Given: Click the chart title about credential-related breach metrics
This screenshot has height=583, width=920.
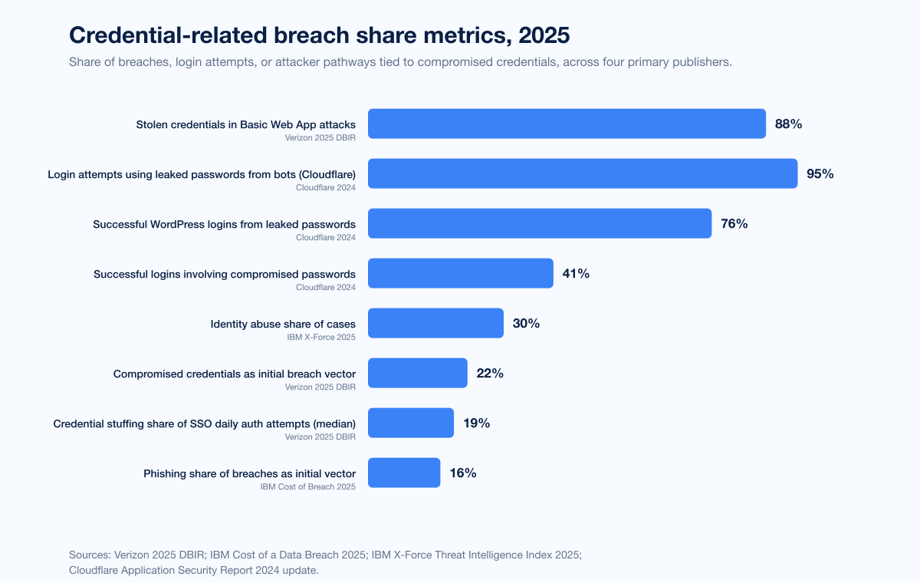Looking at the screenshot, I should [x=320, y=35].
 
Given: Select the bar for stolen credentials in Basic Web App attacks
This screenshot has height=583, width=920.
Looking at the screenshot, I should [x=567, y=124].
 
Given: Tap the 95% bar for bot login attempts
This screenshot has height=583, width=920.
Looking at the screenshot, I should [x=583, y=173].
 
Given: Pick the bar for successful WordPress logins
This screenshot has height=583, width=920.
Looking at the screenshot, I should [x=540, y=223].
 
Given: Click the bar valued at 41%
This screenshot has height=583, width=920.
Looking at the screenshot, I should [x=460, y=273].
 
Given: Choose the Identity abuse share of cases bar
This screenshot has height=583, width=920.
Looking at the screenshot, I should [x=435, y=323].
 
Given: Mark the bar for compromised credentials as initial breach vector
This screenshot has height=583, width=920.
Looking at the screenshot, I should [x=417, y=373].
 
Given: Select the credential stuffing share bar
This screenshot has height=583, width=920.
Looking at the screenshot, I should [x=411, y=423].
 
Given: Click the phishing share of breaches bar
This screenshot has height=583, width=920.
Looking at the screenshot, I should [x=404, y=473].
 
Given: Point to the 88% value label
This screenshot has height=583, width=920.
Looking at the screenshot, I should [x=788, y=124].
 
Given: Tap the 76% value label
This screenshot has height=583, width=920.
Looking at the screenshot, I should [x=734, y=223].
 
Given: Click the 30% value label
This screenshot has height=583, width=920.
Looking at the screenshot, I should [x=526, y=323].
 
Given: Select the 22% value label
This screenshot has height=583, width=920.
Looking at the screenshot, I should [x=490, y=373].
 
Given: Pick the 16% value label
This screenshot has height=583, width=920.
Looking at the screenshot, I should [x=463, y=473].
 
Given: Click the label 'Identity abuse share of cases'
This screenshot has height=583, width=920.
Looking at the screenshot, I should [x=283, y=324].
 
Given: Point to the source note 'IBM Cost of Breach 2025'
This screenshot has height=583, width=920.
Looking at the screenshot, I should [x=307, y=487].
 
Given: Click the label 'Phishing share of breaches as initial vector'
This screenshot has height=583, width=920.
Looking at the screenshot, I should [x=249, y=474].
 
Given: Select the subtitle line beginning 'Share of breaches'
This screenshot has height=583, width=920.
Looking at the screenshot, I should [x=400, y=62].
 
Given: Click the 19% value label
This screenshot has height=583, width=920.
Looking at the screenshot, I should [x=476, y=423].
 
